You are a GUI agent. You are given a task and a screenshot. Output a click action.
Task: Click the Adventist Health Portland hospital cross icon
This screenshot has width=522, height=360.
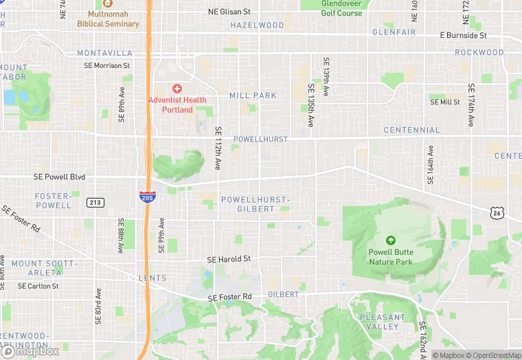pyautogui.click(x=177, y=89)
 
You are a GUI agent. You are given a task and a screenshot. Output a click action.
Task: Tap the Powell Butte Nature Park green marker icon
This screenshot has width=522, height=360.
pyautogui.click(x=391, y=240)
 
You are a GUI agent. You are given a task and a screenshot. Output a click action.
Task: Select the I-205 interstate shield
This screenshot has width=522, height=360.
pyautogui.click(x=146, y=196)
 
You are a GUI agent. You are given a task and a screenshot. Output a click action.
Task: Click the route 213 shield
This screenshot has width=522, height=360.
pyautogui.click(x=95, y=202)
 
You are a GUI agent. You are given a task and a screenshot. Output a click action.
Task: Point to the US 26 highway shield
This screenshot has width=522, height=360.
pyautogui.click(x=496, y=213)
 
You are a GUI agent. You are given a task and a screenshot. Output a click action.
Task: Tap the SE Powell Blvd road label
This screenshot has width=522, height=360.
pyautogui.click(x=59, y=177)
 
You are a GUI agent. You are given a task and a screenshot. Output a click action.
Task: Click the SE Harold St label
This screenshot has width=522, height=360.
pyautogui.click(x=229, y=259)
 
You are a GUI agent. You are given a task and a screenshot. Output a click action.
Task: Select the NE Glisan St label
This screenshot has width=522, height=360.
pyautogui.click(x=229, y=12)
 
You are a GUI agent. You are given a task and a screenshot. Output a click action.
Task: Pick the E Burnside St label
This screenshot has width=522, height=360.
pyautogui.click(x=463, y=35)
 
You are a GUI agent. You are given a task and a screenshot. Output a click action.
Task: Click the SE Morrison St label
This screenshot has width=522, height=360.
pyautogui.click(x=106, y=65)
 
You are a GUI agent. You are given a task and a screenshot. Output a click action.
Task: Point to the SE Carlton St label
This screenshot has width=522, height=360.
pyautogui.click(x=38, y=286)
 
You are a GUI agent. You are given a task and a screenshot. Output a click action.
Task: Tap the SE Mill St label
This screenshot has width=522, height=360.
pyautogui.click(x=445, y=102)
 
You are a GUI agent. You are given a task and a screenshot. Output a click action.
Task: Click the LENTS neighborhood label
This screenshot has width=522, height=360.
pyautogui.click(x=152, y=278)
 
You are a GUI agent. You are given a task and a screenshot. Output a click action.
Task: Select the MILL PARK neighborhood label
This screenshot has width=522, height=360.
pyautogui.click(x=253, y=95)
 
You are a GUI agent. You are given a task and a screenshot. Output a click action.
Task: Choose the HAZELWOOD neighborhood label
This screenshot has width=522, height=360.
pyautogui.click(x=257, y=25)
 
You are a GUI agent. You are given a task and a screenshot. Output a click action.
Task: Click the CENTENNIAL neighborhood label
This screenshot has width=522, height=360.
pyautogui.click(x=411, y=130)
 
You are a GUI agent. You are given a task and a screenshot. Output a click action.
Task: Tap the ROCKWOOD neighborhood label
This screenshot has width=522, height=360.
pyautogui.click(x=479, y=52)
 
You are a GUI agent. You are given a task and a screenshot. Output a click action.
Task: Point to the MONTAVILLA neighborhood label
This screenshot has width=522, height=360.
pyautogui.click(x=104, y=53)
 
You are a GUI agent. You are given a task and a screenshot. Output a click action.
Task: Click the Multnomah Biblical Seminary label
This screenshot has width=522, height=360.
pyautogui.click(x=108, y=19)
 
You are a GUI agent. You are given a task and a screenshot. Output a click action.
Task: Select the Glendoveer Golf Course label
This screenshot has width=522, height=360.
pyautogui.click(x=341, y=8)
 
